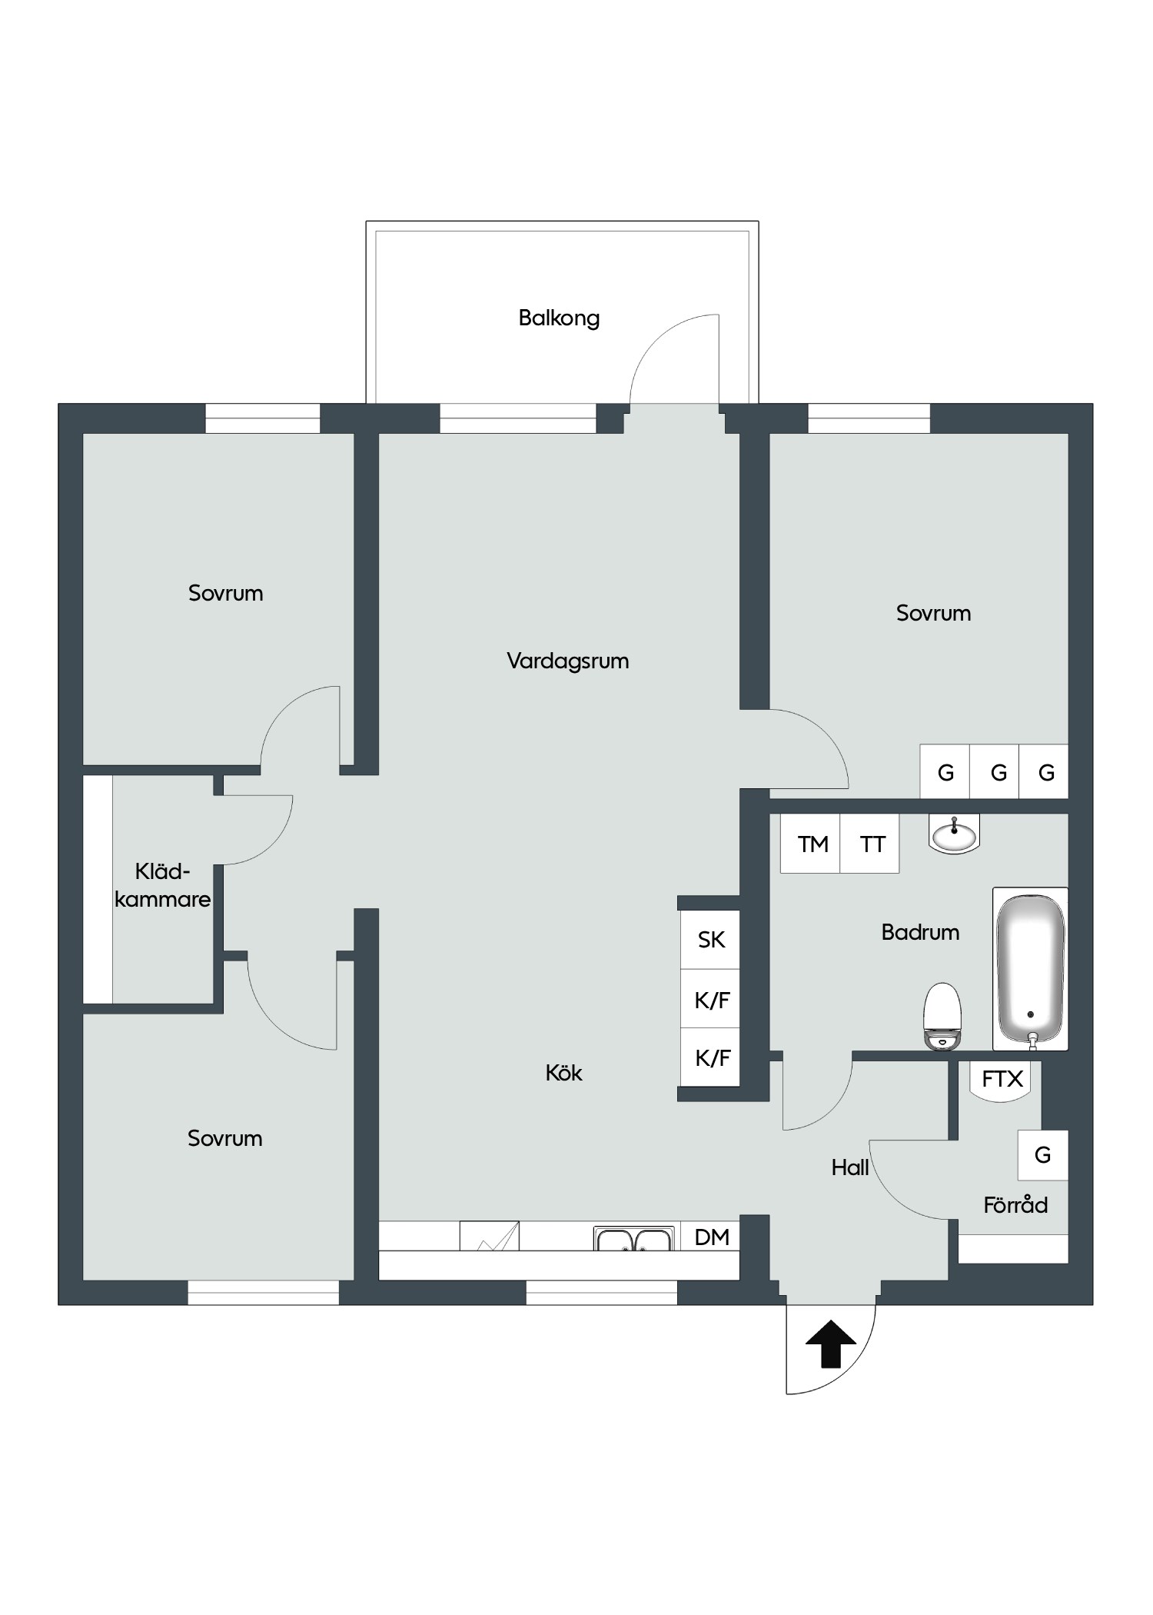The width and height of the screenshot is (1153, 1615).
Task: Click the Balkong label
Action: coord(559,318)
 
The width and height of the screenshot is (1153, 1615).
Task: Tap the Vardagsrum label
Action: coord(568,661)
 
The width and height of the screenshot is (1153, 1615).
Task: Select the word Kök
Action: coord(564,1073)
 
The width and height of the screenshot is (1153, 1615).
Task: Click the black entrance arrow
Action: coord(831,1344)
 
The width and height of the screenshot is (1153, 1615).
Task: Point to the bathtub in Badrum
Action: coord(1030,969)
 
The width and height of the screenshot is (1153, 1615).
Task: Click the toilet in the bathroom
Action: coord(942,1016)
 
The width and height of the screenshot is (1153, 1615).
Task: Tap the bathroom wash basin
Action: coord(954,834)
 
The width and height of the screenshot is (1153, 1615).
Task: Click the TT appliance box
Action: coord(870,844)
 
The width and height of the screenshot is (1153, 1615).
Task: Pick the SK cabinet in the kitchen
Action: coord(711,940)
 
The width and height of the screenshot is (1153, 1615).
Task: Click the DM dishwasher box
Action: coord(711,1237)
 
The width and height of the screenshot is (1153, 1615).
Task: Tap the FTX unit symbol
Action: coord(1002,1081)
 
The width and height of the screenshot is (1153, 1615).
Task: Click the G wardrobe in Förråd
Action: coord(1043,1155)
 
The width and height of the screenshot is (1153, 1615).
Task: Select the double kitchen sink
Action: coord(633,1239)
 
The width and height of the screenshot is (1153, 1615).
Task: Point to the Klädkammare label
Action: coord(163,885)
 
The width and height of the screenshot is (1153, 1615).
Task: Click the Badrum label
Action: coord(920,932)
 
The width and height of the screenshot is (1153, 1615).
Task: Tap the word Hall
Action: coord(850,1167)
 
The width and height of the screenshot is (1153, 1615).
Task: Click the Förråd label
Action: coord(1015,1204)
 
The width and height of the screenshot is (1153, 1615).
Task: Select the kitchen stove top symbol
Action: coord(490,1237)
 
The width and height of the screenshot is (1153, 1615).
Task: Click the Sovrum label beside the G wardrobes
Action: coord(933,613)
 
